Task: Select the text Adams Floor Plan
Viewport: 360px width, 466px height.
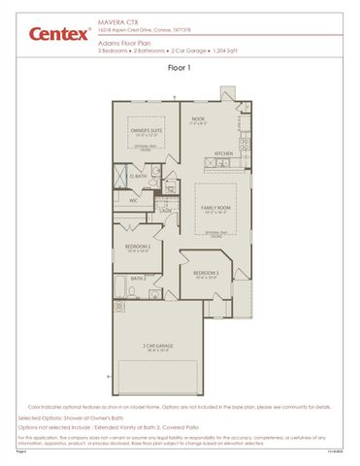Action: click(x=125, y=43)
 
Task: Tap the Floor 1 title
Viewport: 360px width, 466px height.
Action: click(x=180, y=68)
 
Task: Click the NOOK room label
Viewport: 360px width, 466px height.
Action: click(x=199, y=119)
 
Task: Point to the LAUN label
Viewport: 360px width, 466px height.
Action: click(x=166, y=210)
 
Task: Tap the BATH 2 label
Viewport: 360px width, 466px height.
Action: click(x=138, y=279)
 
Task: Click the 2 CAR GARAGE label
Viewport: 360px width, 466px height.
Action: click(x=156, y=346)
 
